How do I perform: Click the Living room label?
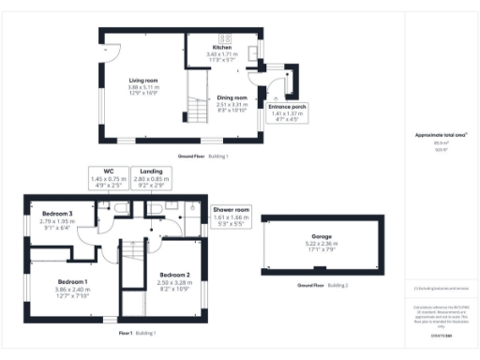[142, 81]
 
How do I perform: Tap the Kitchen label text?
[221, 47]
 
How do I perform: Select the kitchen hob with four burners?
[225, 38]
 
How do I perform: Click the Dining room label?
[232, 97]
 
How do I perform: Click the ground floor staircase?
[196, 103]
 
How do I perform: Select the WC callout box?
[108, 177]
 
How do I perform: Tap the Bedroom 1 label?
[72, 281]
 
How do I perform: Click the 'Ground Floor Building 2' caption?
[322, 284]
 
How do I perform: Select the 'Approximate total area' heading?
[434, 135]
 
